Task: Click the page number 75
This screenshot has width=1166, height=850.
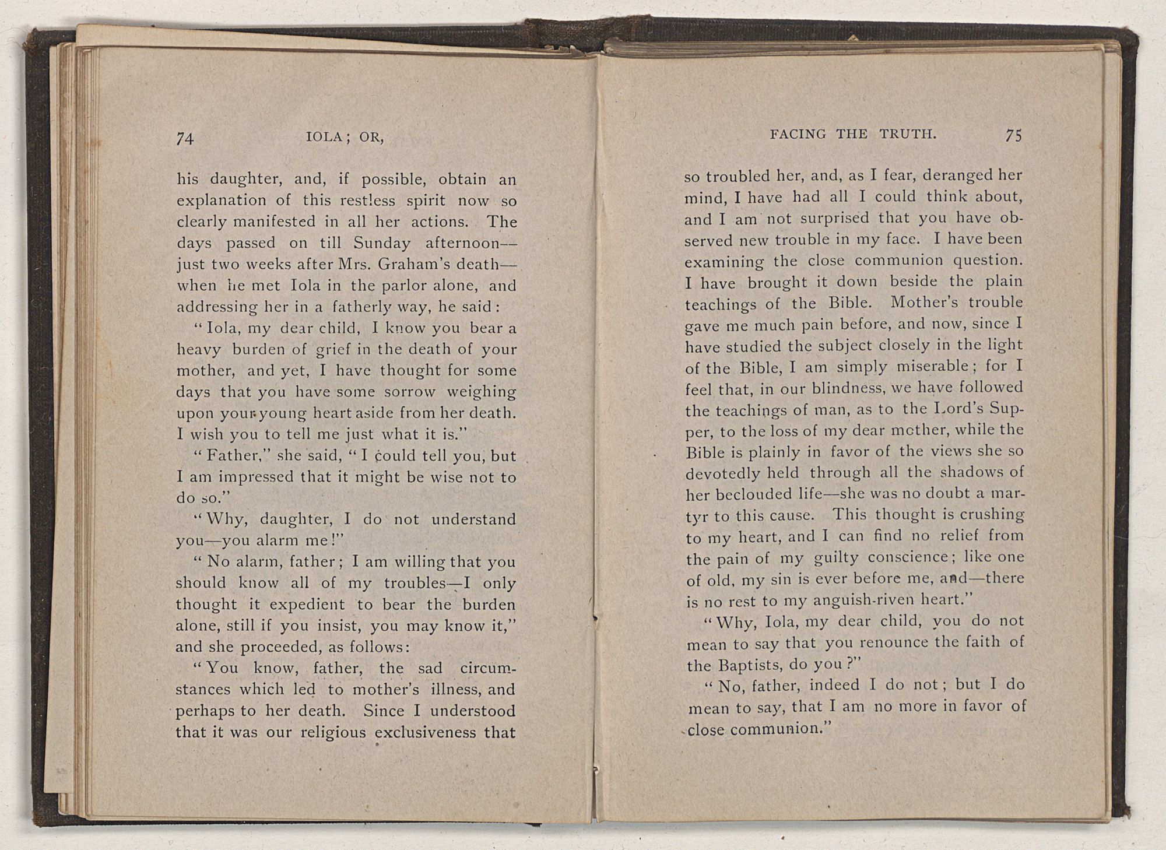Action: pos(1013,135)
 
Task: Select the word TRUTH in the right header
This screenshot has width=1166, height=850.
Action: pos(908,134)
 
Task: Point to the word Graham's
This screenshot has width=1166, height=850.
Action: pos(415,264)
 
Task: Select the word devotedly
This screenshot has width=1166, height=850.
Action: pos(724,473)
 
